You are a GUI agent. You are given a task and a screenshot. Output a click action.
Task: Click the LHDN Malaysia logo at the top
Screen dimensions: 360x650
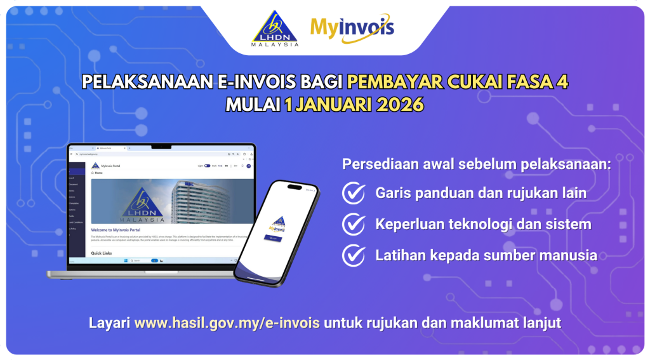coord(275,29)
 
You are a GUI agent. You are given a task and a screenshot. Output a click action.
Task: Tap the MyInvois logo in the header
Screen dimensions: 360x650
coord(352,29)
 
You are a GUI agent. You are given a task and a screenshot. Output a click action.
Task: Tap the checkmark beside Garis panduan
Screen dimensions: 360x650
coord(353,193)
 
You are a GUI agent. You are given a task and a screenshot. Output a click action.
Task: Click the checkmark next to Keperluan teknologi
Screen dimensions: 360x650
coord(353,224)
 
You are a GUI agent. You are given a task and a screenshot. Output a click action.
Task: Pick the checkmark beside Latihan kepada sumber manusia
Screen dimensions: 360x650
coord(353,255)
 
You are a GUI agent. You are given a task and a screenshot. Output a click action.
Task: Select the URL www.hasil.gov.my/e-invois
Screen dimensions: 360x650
coord(227,323)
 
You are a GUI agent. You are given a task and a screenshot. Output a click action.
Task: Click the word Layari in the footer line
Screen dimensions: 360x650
coord(109,323)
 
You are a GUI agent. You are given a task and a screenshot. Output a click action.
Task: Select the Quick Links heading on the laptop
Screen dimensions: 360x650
coord(102,252)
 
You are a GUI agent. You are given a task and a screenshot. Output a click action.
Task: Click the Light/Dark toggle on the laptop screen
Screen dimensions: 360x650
coord(207,166)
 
